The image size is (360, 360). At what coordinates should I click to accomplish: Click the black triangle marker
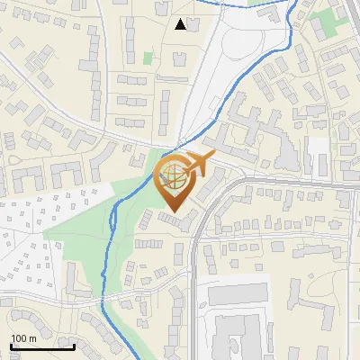pyautogui.click(x=182, y=24)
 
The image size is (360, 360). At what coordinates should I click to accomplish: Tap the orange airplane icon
pyautogui.click(x=200, y=163)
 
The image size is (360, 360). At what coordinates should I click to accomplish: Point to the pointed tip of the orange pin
pyautogui.click(x=171, y=212)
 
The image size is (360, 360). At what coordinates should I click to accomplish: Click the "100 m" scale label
pyautogui.click(x=24, y=338)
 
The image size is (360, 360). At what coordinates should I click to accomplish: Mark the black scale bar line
pyautogui.click(x=42, y=346)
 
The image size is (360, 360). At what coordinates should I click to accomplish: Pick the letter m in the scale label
pyautogui.click(x=32, y=338)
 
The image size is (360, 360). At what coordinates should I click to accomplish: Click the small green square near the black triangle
pyautogui.click(x=148, y=58)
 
